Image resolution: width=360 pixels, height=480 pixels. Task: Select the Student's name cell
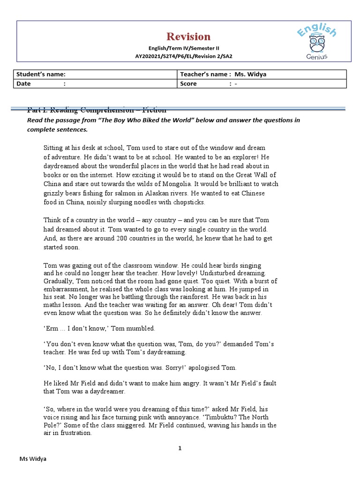pos(97,74)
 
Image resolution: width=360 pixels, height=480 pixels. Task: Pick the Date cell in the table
pos(97,83)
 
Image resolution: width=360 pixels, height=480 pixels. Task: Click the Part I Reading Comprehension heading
pos(97,111)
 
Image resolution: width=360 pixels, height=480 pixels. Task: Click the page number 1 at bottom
pos(180,448)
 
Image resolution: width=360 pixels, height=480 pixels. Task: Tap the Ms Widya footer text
pos(32,459)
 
